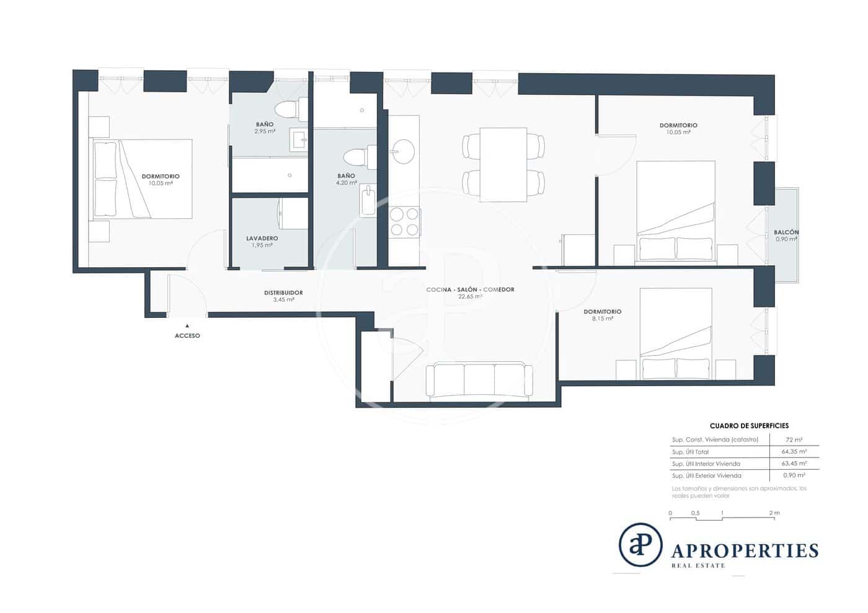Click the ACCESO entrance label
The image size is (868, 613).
[x=187, y=335]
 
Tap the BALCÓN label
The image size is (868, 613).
[x=786, y=232]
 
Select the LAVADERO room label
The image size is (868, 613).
[x=262, y=238]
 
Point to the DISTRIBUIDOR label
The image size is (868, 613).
[x=283, y=293]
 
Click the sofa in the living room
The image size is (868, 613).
[x=479, y=380]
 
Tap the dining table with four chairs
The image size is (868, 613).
[x=503, y=164]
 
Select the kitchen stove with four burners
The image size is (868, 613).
[x=404, y=222]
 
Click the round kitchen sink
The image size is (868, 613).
[x=404, y=151]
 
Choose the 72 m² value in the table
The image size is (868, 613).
[x=794, y=439]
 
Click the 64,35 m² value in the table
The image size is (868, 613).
[x=794, y=452]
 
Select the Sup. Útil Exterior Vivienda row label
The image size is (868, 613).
[x=706, y=475]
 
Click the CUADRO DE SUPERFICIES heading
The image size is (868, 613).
[x=749, y=426]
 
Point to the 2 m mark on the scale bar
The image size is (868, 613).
[x=773, y=513]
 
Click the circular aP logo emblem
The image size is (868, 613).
[x=640, y=545]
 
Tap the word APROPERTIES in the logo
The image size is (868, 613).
[x=745, y=550]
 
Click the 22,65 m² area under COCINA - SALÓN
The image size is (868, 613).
[x=470, y=297]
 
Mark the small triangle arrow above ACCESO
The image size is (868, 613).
[x=187, y=325]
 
